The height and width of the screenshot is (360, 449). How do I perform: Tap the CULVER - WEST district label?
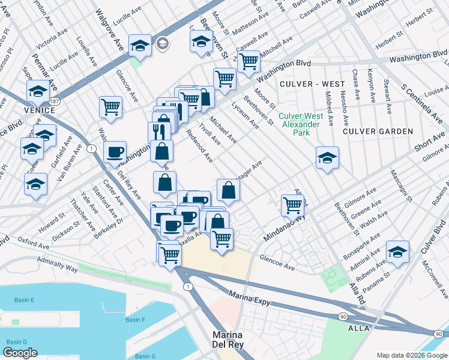[312, 83]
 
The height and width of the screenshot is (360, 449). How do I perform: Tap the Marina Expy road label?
[249, 295]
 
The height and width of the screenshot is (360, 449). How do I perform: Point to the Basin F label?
[135, 319]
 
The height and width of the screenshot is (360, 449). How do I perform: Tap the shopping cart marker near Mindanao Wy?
[292, 205]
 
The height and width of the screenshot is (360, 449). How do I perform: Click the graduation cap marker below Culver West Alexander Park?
[327, 158]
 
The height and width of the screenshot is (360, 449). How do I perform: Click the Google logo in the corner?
[20, 352]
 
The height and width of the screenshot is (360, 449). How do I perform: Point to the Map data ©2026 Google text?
[412, 355]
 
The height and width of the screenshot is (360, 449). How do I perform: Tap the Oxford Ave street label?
[33, 240]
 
